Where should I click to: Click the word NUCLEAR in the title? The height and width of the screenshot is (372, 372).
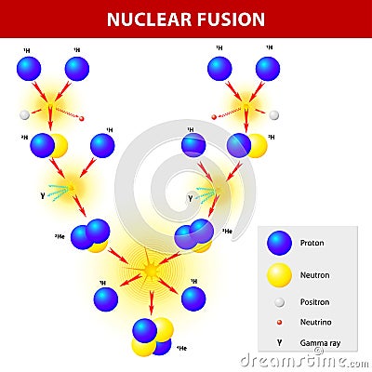[152, 19]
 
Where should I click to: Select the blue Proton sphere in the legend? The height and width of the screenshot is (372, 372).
[279, 244]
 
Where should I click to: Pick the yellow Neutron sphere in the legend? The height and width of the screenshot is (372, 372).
[279, 275]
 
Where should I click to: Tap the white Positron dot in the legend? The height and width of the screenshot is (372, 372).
[279, 302]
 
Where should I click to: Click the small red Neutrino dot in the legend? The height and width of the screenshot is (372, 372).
[279, 323]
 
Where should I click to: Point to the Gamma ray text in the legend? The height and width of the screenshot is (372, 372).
[320, 343]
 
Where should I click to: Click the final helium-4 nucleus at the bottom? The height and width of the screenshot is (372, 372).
[151, 338]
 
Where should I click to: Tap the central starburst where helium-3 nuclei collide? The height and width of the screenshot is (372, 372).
[150, 270]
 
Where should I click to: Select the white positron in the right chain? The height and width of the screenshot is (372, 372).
[273, 115]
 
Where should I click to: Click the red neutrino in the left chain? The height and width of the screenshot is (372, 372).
[82, 119]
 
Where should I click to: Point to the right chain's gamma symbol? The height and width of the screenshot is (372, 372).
[191, 197]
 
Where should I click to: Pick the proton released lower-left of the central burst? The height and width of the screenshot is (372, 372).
[106, 299]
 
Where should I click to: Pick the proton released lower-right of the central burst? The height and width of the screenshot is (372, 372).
[193, 298]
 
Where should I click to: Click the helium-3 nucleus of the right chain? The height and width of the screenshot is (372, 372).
[194, 234]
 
